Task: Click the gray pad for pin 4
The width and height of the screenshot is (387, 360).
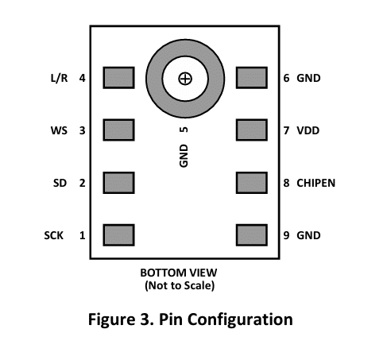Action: tap(118, 78)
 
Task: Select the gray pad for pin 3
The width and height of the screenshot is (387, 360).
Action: tap(118, 130)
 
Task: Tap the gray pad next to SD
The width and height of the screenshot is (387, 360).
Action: tap(118, 183)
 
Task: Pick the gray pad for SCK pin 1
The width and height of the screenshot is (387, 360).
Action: tap(118, 235)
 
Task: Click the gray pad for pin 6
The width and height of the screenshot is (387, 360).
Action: tap(252, 78)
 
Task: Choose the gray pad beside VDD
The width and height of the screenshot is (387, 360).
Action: tap(252, 130)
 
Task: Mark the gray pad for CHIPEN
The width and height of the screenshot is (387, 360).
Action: tap(252, 183)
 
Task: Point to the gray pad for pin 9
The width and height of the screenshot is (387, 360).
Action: tap(252, 235)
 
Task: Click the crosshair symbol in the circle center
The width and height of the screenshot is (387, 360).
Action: tap(185, 79)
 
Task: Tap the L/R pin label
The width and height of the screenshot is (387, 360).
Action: tap(59, 78)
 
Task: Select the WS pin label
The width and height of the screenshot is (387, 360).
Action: tap(59, 130)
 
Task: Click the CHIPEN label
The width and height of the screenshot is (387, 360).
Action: tap(315, 183)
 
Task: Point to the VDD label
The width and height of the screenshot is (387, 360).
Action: tap(308, 130)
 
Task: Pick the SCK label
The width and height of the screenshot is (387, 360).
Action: tap(54, 235)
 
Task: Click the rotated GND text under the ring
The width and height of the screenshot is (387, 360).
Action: tap(184, 156)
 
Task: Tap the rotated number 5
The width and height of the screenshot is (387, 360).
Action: tap(184, 130)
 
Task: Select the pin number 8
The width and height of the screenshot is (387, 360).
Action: tap(286, 183)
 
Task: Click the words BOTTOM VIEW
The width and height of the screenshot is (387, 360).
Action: tap(179, 273)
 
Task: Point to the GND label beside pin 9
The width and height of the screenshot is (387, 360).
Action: tap(308, 235)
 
